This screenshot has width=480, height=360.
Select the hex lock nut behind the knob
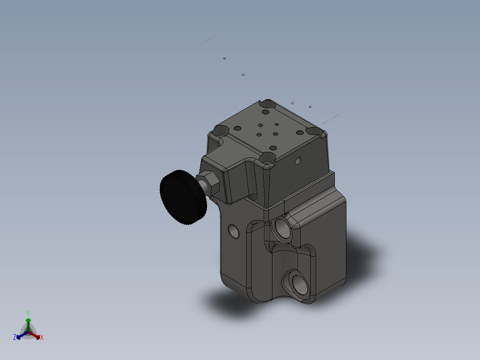click(210, 183)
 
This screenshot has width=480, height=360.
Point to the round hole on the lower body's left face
click(233, 231)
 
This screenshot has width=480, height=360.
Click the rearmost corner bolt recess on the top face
click(268, 104)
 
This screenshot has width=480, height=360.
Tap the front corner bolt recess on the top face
click(268, 157)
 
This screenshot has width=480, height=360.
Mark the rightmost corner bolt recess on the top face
click(314, 131)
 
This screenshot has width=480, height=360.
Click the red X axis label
click(42, 338)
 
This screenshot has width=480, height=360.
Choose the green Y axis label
click(28, 313)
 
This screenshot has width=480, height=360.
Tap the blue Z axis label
click(15, 338)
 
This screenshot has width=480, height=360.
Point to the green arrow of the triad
click(28, 323)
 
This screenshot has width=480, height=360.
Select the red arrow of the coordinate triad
click(36, 335)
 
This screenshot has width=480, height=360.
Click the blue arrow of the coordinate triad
click(20, 335)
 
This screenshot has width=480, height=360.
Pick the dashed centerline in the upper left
click(203, 43)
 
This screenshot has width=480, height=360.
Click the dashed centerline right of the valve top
click(332, 118)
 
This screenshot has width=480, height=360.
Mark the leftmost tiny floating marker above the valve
click(225, 58)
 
